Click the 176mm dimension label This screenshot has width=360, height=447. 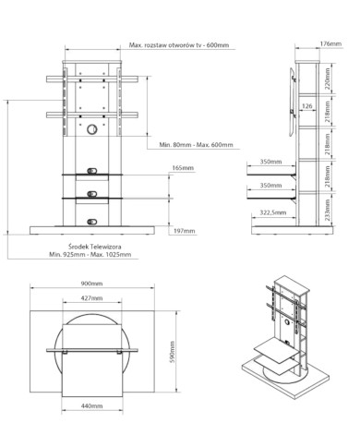(x=330, y=43)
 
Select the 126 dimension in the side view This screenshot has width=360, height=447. (x=307, y=106)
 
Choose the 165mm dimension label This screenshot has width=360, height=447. (x=183, y=168)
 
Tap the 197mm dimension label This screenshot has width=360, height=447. (x=184, y=231)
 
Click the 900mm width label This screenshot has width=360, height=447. (x=91, y=284)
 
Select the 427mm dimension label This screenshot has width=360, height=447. (x=91, y=298)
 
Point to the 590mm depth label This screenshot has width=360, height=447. (x=173, y=352)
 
